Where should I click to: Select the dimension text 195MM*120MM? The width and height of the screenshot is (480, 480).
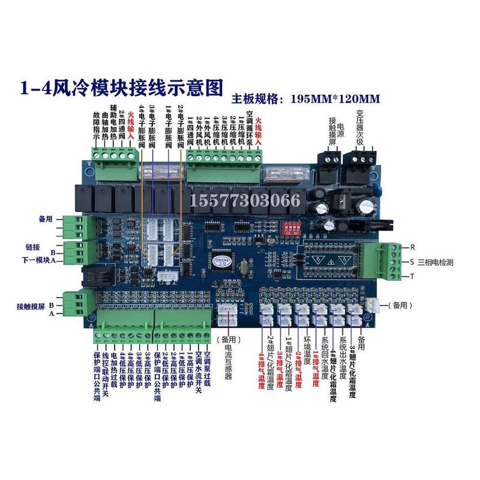(335, 98)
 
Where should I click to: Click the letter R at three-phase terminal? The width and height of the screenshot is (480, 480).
(412, 247)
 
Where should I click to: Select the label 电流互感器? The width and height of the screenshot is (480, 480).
(228, 357)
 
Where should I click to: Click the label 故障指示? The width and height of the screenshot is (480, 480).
(96, 125)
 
